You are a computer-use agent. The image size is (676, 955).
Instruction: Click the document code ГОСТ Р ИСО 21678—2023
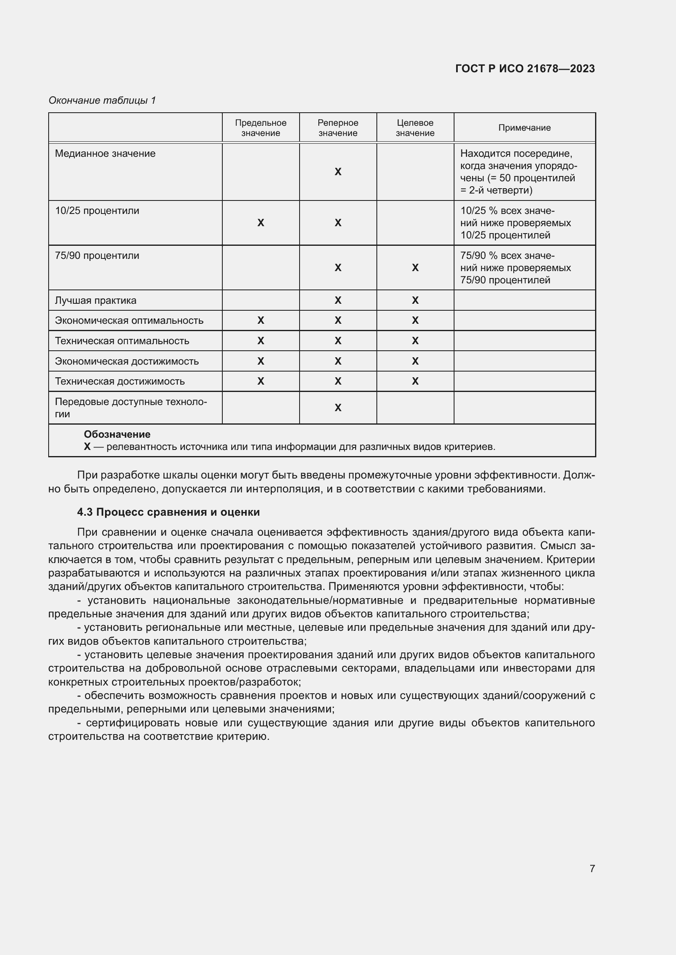click(x=525, y=69)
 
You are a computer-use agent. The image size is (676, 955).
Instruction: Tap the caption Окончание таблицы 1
click(x=102, y=100)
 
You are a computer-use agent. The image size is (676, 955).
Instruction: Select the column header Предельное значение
click(x=261, y=128)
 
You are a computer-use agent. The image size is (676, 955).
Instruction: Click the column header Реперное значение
click(x=338, y=128)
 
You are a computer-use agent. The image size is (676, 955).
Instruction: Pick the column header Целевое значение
click(x=414, y=128)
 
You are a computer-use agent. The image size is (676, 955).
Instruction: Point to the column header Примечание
click(x=524, y=128)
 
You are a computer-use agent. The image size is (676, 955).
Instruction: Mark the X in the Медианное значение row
click(x=338, y=172)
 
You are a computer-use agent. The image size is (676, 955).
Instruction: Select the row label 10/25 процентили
click(x=97, y=211)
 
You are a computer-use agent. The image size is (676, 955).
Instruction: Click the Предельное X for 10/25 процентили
click(x=261, y=223)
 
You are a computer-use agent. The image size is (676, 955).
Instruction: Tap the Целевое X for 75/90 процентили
click(x=415, y=268)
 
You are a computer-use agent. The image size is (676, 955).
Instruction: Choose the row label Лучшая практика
click(x=95, y=301)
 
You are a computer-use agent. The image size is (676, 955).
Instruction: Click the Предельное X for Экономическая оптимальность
click(x=261, y=320)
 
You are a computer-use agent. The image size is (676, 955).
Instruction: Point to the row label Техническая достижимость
click(x=120, y=381)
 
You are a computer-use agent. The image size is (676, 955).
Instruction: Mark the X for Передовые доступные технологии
click(x=338, y=407)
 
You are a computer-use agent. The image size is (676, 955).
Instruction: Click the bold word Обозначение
click(x=117, y=434)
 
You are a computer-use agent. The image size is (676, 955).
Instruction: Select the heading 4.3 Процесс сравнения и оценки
click(x=168, y=512)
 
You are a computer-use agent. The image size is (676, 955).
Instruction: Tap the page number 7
click(x=592, y=868)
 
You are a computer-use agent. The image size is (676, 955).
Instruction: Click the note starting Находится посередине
click(x=518, y=172)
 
